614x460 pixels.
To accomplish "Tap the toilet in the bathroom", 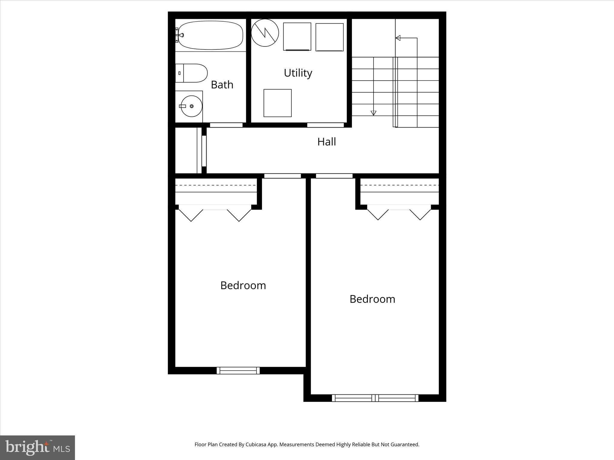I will pos(192,73).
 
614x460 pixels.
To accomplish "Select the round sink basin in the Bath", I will pos(191,106).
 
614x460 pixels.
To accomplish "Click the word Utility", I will pos(298,73).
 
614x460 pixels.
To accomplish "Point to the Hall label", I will pos(326,142).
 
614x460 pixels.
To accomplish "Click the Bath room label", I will pos(222,85).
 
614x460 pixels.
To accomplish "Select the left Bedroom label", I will pos(243,285).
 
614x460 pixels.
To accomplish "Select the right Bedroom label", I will pos(372,299).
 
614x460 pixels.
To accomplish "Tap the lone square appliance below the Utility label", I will pos(277,103).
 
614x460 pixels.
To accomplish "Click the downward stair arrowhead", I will pos(373,113).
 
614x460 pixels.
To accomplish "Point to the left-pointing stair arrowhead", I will pos(398,38).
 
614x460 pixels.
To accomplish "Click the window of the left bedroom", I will pos(238,370).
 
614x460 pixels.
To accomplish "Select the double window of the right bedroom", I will pos(375,398).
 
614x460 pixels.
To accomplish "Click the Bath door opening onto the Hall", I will pos(226,125).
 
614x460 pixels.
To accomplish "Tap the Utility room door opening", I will pos(325,125).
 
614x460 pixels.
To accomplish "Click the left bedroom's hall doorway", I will pos(282,176).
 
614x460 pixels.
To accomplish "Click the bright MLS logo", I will pos(37,447).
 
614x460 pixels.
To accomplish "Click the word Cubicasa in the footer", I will pos(256,444).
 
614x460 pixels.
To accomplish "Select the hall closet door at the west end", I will pos(204,151).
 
